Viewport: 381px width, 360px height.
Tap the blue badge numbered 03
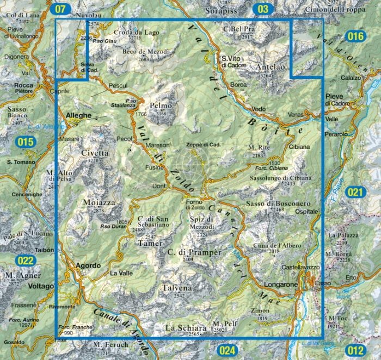263,9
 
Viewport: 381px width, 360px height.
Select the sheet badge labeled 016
354,36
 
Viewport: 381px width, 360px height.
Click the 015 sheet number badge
26,142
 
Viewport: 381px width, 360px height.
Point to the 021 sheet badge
354,191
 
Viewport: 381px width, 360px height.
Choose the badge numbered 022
26,260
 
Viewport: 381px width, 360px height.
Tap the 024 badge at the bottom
228,350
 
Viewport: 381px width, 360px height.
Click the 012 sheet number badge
354,350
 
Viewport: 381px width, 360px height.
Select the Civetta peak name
95,153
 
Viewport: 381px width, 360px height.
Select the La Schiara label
186,328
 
